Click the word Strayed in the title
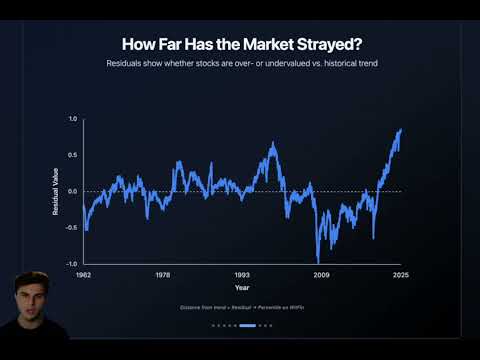pos(327,44)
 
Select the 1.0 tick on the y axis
pos(73,119)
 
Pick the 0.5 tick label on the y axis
pos(73,155)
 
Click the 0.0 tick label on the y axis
pos(73,191)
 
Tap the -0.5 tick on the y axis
pos(72,227)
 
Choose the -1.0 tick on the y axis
pos(72,263)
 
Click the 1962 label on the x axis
pos(84,273)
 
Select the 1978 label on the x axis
pos(163,273)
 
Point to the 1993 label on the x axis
pos(242,273)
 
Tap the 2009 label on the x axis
pos(321,273)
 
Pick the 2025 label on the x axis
pos(401,273)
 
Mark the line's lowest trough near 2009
pos(318,261)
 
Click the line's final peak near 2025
pos(401,129)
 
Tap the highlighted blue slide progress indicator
pos(248,325)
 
